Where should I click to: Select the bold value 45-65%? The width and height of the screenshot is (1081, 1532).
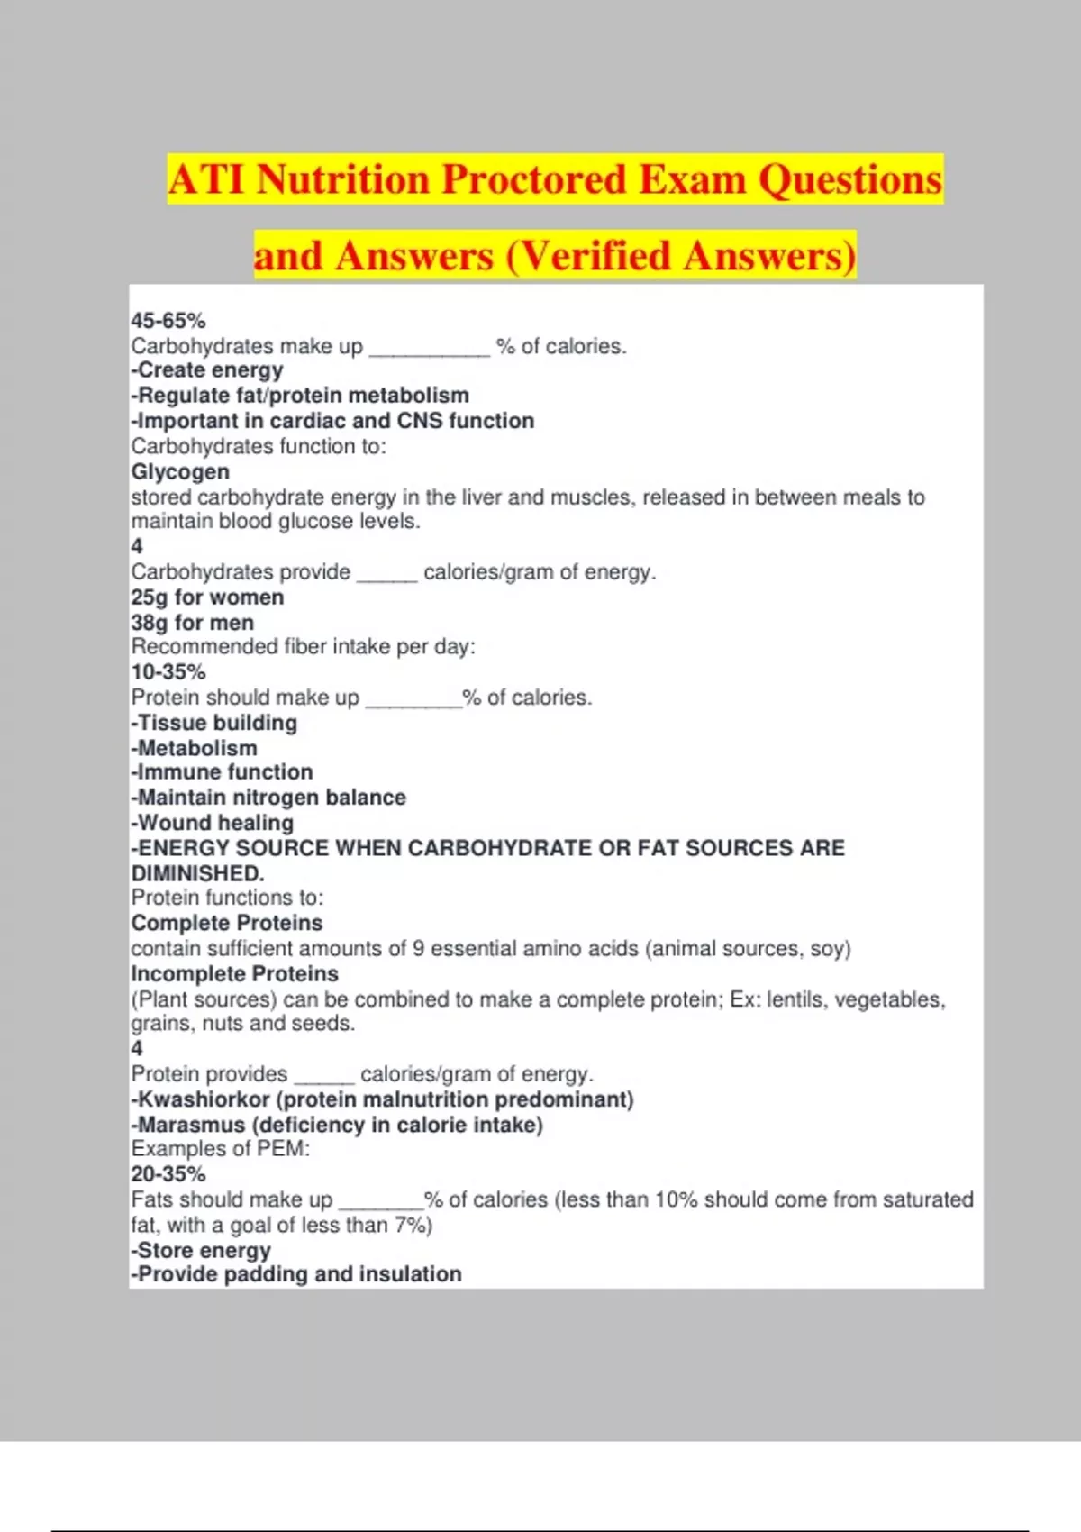[x=168, y=321]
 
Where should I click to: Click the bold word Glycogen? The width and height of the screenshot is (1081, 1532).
[x=180, y=471]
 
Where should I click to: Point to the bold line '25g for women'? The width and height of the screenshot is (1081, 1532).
[x=207, y=597]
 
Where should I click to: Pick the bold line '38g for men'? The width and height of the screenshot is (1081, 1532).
[x=193, y=622]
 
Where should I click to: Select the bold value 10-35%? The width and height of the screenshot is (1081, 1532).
[x=168, y=671]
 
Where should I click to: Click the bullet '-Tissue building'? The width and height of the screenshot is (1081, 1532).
[x=214, y=723]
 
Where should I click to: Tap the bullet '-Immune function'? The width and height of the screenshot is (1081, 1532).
[x=223, y=772]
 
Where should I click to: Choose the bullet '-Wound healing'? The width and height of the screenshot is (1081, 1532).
[x=213, y=823]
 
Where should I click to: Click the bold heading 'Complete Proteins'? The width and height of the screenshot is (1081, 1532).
[x=227, y=923]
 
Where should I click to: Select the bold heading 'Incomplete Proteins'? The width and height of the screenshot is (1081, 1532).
[x=235, y=973]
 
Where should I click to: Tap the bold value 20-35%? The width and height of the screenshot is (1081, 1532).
[x=168, y=1174]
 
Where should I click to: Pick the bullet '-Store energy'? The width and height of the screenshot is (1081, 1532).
[x=201, y=1250]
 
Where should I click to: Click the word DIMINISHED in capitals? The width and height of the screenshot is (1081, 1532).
[x=197, y=873]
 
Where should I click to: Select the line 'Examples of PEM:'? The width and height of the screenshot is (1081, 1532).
[x=221, y=1149]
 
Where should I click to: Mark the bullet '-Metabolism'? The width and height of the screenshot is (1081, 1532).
[x=195, y=748]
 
